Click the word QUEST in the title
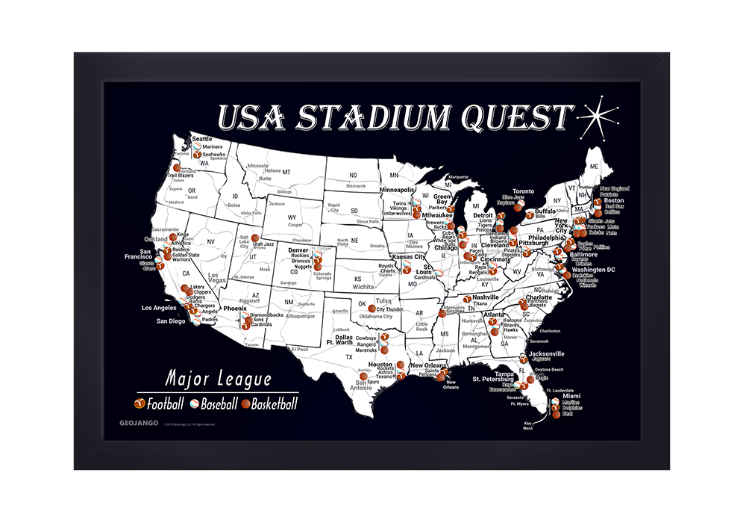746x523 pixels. point(514,118)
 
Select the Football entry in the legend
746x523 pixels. point(160,404)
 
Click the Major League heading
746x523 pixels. point(219,379)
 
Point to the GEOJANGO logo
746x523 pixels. point(134,423)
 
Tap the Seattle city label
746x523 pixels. point(202,139)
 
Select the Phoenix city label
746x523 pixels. point(235,308)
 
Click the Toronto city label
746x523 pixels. point(523,191)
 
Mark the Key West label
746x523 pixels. point(528,426)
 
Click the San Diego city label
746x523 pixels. point(170,321)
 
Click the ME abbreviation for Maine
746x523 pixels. point(595,165)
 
